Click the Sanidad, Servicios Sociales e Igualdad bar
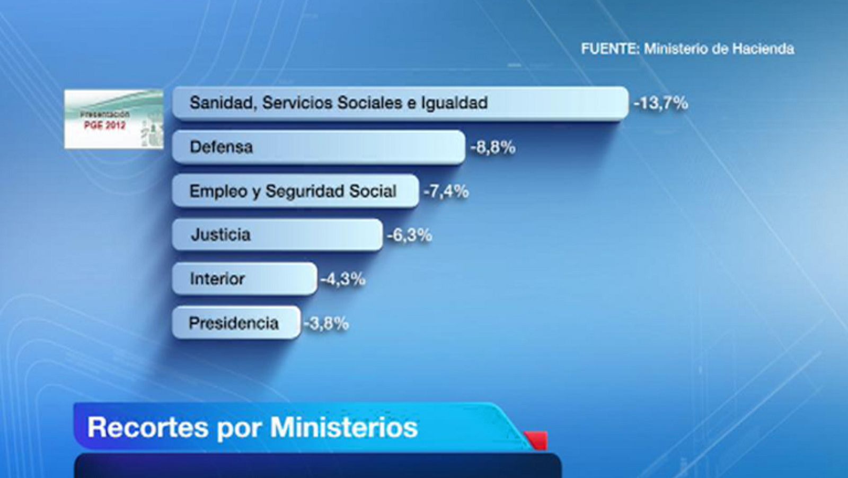(x=400, y=103)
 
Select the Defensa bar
(x=319, y=147)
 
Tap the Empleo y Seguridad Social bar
(x=295, y=191)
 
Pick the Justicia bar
(x=277, y=234)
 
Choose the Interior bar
(x=244, y=279)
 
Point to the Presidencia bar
(x=236, y=323)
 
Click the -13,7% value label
(x=660, y=103)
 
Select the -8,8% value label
(x=493, y=147)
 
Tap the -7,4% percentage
(x=446, y=191)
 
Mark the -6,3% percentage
(x=410, y=235)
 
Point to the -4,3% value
(x=343, y=279)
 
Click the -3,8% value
(x=326, y=323)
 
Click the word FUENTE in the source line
(x=609, y=49)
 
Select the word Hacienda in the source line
(x=763, y=49)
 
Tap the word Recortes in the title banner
(x=148, y=428)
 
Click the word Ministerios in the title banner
(x=344, y=428)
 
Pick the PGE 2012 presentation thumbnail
(x=114, y=119)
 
